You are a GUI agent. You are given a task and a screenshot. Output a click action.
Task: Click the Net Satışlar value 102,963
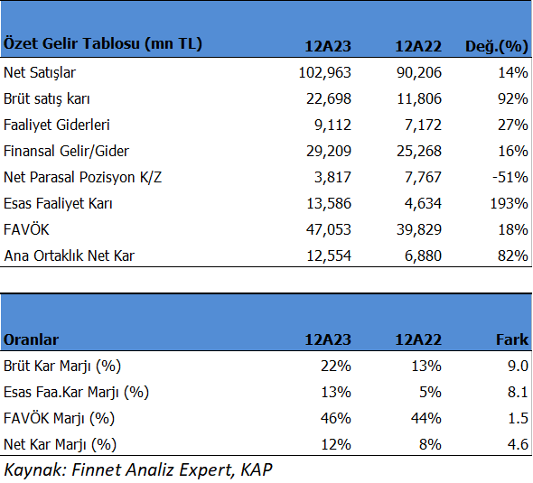324,73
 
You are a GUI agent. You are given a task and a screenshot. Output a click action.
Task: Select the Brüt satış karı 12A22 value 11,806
419,98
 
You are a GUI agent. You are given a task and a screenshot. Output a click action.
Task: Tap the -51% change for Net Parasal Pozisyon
510,177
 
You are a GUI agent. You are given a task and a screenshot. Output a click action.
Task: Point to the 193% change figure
509,203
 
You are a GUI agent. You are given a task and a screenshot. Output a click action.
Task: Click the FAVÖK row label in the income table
26,229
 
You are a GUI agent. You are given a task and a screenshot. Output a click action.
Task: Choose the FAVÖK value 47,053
328,229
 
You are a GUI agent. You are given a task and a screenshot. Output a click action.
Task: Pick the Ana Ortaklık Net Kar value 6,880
423,255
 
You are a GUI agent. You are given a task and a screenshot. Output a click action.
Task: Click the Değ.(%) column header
497,46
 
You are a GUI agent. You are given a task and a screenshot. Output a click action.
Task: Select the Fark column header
512,339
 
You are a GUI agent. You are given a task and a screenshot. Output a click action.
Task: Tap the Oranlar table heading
31,339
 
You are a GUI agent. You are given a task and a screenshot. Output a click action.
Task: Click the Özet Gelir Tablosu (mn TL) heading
103,44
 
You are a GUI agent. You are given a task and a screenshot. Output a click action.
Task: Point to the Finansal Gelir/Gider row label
66,151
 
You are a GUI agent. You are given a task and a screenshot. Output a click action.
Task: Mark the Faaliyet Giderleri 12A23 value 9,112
332,125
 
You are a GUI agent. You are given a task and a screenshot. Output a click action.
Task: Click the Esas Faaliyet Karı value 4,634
423,203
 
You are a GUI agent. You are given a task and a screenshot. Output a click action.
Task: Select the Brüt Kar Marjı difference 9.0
518,366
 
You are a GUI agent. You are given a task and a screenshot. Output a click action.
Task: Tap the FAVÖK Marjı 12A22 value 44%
425,418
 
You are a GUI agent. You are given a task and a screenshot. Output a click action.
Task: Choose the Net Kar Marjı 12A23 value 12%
336,444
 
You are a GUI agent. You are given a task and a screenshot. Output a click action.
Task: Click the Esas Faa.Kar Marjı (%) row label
76,393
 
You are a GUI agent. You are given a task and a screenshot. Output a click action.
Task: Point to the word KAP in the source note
257,470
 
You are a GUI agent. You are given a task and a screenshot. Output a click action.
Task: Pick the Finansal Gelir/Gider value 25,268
419,151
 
